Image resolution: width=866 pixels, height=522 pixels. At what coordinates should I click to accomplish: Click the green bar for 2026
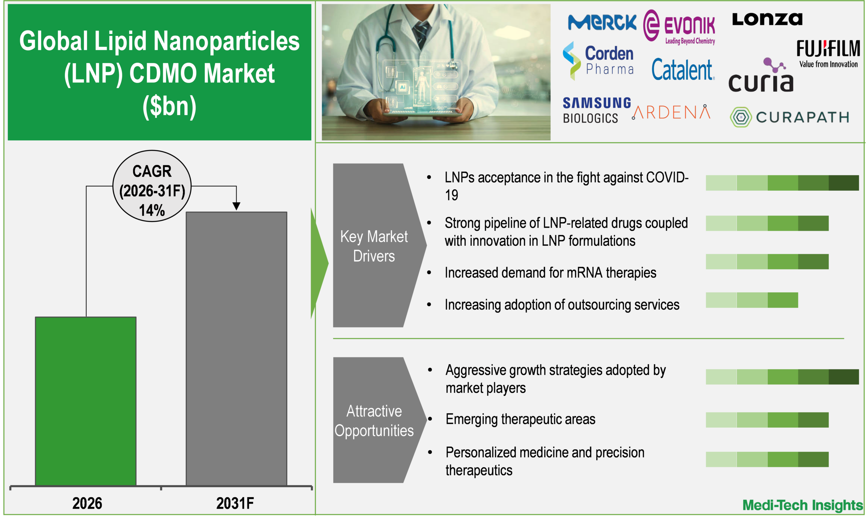[86, 401]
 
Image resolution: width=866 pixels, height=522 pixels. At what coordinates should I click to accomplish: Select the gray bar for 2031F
[236, 349]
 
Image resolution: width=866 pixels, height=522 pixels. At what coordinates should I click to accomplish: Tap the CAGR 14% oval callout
[152, 186]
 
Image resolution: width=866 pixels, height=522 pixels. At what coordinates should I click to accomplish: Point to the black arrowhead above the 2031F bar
[236, 206]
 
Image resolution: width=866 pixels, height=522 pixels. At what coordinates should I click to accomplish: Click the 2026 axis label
[87, 503]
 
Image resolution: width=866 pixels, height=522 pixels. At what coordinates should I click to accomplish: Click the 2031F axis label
[235, 503]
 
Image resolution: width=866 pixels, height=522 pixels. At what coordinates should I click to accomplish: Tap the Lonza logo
[767, 19]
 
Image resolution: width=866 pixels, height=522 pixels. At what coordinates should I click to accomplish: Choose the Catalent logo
[683, 70]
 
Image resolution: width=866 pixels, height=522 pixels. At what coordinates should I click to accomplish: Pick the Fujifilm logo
[828, 53]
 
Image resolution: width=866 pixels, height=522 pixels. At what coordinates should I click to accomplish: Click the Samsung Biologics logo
[596, 110]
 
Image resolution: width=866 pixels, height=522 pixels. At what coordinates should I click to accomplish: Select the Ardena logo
[671, 112]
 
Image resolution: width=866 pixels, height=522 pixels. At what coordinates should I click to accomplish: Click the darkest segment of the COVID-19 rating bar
[844, 183]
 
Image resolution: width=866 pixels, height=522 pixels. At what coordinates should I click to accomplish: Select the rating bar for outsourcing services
[752, 300]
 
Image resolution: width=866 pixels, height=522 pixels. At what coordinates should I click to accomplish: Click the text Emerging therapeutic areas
[520, 419]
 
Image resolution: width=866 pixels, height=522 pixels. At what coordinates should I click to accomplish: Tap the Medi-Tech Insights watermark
[802, 505]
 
